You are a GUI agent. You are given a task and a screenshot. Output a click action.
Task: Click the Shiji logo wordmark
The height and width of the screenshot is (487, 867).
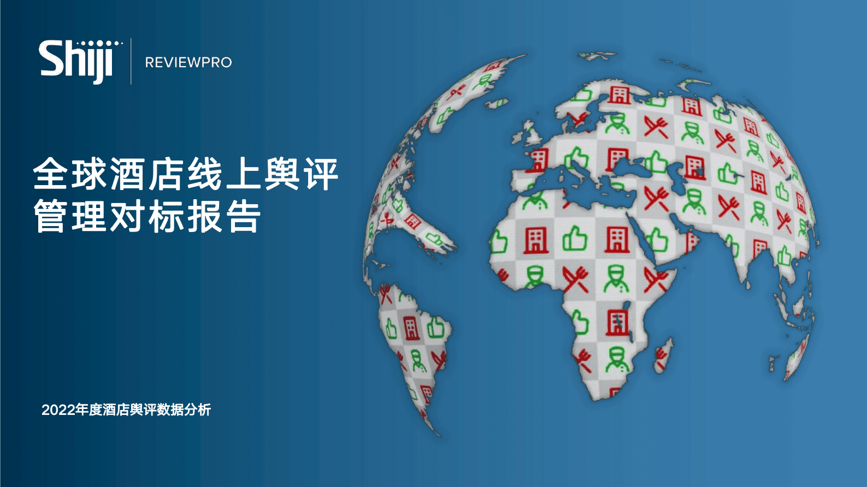click(75, 61)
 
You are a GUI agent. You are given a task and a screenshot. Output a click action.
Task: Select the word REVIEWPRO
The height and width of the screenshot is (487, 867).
click(188, 63)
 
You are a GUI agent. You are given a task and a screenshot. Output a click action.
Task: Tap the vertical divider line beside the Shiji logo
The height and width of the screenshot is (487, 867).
click(131, 61)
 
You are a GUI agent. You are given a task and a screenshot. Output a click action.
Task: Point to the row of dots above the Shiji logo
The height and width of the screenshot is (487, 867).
click(99, 43)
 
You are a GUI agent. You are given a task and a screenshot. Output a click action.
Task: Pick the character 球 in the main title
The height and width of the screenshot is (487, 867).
click(90, 174)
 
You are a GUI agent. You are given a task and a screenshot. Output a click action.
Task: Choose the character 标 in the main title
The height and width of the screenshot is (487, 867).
click(167, 216)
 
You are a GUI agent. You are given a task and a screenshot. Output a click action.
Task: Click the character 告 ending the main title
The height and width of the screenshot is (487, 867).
click(244, 216)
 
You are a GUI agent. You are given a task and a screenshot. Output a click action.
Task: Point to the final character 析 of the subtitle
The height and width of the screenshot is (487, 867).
click(204, 410)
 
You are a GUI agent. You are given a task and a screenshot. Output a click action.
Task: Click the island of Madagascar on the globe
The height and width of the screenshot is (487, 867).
click(663, 354)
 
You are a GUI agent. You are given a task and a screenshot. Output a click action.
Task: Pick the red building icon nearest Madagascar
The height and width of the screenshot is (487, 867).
click(617, 322)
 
